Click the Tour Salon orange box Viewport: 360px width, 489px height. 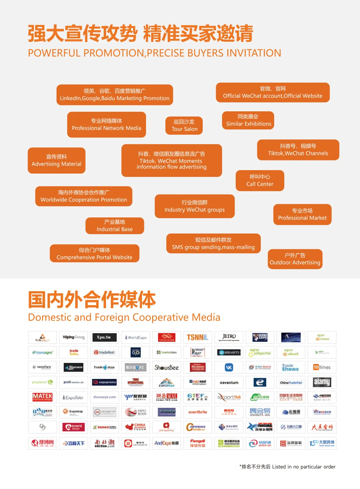[184, 125]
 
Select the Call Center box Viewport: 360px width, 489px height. [260, 180]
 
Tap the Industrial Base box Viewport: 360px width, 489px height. [115, 226]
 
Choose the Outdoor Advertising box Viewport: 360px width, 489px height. [295, 259]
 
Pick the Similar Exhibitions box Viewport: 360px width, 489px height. [248, 120]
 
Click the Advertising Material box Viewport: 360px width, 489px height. [56, 160]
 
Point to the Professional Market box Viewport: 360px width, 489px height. [302, 214]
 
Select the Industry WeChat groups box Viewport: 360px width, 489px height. [195, 206]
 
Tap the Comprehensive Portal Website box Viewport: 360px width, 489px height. [94, 254]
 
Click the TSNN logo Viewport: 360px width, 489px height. [198, 337]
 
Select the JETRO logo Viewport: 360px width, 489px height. [229, 337]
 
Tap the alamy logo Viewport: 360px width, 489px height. [322, 382]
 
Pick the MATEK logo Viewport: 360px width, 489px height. [43, 397]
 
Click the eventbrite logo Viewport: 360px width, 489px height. [198, 412]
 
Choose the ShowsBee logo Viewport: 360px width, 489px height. [167, 367]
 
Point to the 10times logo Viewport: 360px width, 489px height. [322, 367]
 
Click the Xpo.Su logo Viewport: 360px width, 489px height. [104, 337]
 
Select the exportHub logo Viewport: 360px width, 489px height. [229, 397]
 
